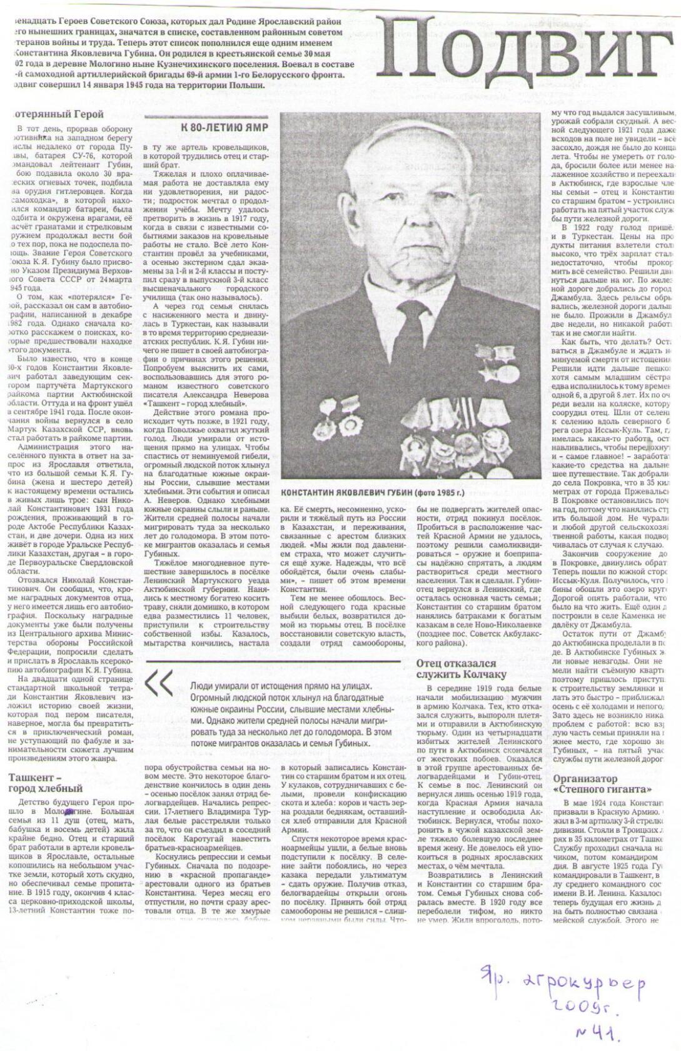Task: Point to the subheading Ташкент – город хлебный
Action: point(46,783)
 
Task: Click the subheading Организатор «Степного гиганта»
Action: point(606,783)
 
